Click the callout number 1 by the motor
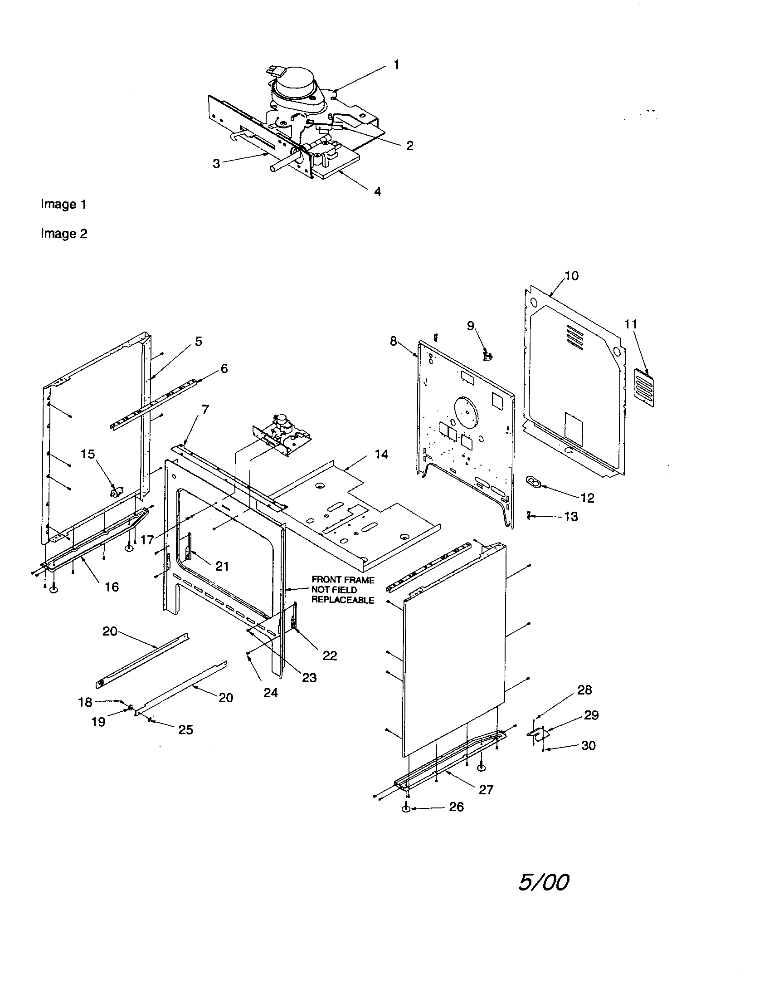coord(396,65)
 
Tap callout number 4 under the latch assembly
coord(377,191)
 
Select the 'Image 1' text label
coord(63,204)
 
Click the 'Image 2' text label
coord(64,234)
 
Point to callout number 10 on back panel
coord(571,275)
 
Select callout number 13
coord(571,516)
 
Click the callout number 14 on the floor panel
coord(381,454)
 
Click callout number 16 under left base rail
coord(112,587)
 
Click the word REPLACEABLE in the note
coord(342,600)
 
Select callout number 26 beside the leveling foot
coord(456,807)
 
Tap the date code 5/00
coord(543,882)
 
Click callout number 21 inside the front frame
coord(222,566)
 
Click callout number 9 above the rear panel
coord(471,325)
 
